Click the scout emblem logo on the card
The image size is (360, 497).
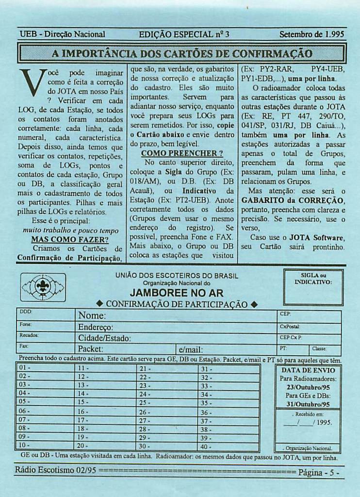click(x=43, y=287)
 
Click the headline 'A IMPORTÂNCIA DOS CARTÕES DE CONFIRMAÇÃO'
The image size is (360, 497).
click(x=182, y=53)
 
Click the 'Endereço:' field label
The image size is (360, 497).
click(x=96, y=327)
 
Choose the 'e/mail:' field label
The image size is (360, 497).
click(x=191, y=349)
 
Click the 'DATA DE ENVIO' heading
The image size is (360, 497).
click(x=308, y=370)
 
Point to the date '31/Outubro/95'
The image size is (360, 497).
click(x=308, y=404)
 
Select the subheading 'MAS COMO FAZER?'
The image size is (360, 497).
click(x=69, y=240)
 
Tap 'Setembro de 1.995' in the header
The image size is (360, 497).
click(x=312, y=34)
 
